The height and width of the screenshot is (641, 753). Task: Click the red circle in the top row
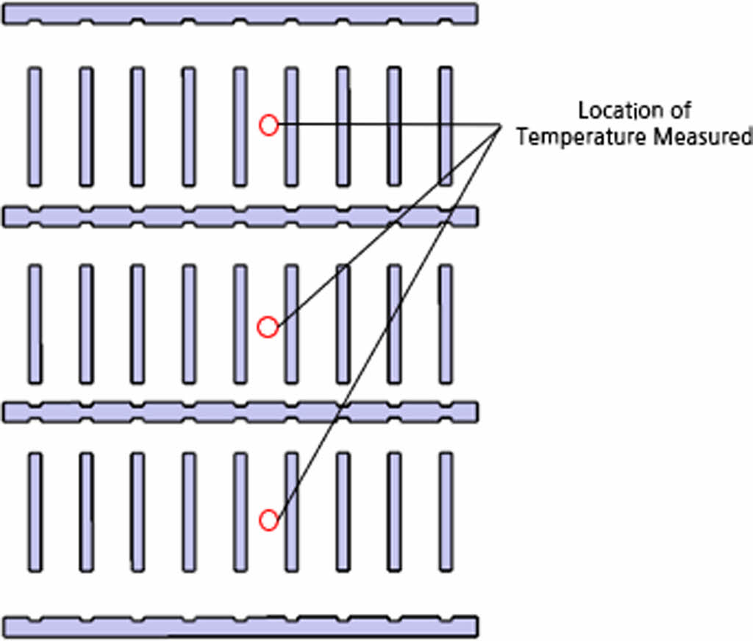click(x=269, y=126)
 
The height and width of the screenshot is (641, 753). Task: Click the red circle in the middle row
click(x=268, y=327)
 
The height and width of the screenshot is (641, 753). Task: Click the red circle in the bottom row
click(x=269, y=520)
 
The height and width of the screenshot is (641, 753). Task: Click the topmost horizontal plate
click(x=240, y=13)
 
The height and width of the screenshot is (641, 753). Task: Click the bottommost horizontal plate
click(x=240, y=626)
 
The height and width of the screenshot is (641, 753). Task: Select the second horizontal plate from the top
click(x=240, y=216)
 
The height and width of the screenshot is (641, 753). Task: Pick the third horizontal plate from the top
click(x=240, y=412)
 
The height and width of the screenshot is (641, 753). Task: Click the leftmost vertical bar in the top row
click(x=35, y=126)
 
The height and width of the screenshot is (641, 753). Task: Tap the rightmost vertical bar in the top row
click(x=446, y=126)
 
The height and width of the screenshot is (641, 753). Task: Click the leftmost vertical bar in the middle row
click(x=35, y=324)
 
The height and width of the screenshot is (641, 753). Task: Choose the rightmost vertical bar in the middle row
click(x=446, y=324)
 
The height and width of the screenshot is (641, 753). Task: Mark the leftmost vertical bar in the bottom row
click(x=35, y=512)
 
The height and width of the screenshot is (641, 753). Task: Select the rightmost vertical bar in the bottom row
click(x=446, y=512)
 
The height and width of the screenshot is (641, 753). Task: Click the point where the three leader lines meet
click(x=501, y=125)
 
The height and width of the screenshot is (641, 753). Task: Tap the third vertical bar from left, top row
click(x=138, y=126)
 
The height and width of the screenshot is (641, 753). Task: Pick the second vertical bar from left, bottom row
click(x=86, y=512)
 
